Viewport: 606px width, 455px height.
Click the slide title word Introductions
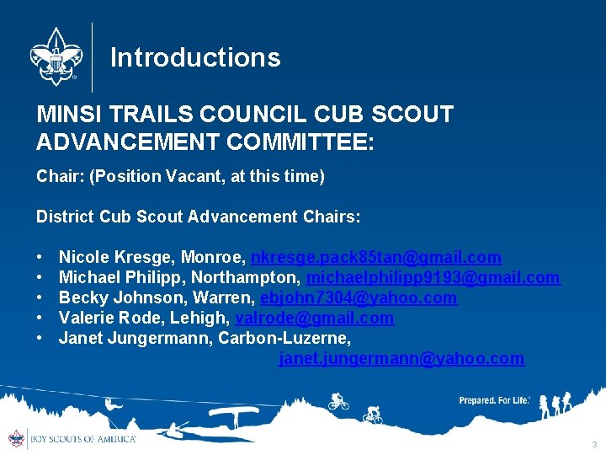(x=195, y=57)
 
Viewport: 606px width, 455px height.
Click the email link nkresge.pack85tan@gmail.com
(x=376, y=257)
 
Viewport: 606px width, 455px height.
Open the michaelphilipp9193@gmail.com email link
(x=433, y=277)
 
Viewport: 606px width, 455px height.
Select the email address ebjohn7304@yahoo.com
(x=359, y=297)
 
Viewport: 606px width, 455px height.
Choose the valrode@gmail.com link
(x=314, y=318)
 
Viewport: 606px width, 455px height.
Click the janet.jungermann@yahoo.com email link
(x=401, y=359)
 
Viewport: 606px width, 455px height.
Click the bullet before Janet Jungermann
(x=40, y=338)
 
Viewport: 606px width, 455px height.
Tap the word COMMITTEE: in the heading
(x=300, y=141)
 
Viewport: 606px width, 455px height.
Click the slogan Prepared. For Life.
(x=494, y=400)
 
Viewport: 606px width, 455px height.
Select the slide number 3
(x=594, y=444)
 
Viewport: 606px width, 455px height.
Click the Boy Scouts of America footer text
(x=82, y=439)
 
